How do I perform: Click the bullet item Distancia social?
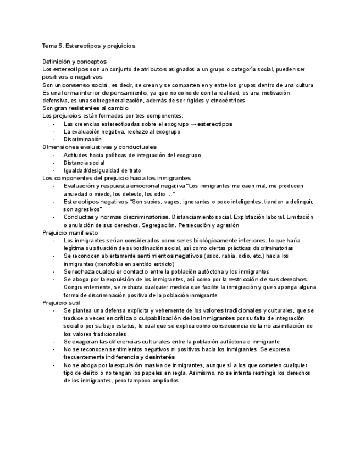point(84,163)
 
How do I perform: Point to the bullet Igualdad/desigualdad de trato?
point(98,170)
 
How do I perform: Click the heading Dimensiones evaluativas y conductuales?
point(99,147)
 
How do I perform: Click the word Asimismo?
point(207,372)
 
